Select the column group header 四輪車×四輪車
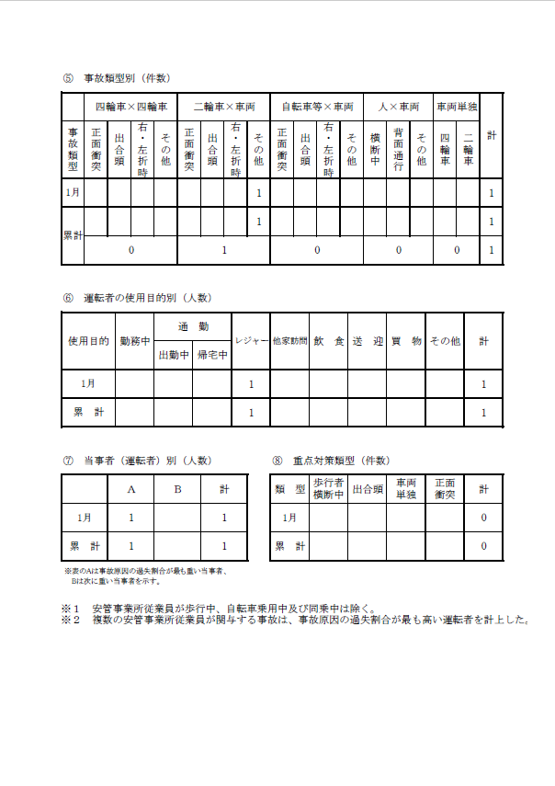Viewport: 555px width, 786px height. [131, 107]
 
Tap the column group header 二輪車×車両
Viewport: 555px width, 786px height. [223, 107]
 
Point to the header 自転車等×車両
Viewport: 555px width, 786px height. [317, 107]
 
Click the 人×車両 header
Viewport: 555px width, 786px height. [397, 107]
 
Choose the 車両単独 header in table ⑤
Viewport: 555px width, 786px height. [456, 107]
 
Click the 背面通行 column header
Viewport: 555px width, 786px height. [398, 149]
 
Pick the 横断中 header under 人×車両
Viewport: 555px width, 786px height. [375, 149]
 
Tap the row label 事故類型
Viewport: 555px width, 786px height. [74, 149]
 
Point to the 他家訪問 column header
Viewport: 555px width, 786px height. [289, 341]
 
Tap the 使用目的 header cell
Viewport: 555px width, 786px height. [88, 341]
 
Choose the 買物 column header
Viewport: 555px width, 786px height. [405, 341]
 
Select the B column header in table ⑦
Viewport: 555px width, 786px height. [177, 489]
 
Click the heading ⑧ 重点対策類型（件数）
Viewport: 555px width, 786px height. [330, 460]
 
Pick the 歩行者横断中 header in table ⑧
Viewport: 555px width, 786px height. [328, 488]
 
